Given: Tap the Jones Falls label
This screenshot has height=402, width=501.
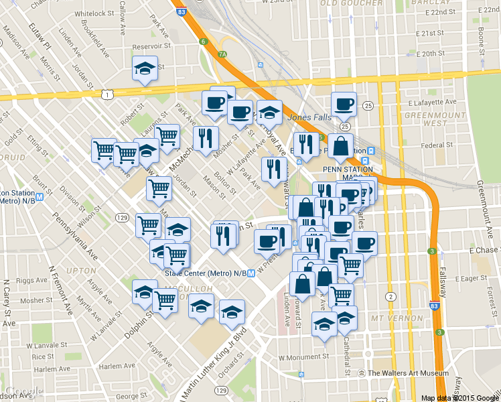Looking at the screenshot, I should pos(309,117).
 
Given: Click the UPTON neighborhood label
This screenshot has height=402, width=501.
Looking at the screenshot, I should pos(82,270).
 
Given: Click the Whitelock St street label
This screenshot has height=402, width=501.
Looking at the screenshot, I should pos(96,13).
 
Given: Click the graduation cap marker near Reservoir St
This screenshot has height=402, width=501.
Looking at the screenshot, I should pos(145,68).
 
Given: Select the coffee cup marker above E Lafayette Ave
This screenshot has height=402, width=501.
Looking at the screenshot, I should pos(344,105).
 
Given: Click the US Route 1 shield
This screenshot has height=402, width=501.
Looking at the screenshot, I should pos(108,95).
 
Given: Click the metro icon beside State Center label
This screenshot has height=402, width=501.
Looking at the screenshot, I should pos(251,273).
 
